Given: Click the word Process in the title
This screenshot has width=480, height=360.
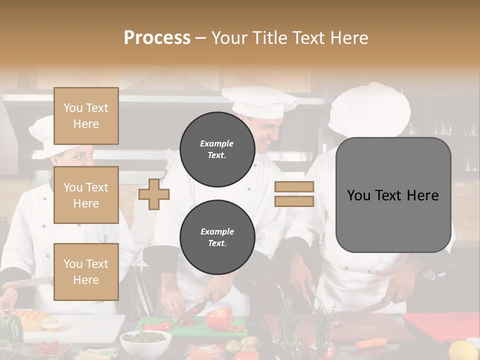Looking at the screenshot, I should coord(157,38).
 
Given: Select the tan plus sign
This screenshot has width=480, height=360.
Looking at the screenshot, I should coord(154,194).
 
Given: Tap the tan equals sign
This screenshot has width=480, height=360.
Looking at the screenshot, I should coord(294,194).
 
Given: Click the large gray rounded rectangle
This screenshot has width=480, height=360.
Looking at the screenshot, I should coord(393,195).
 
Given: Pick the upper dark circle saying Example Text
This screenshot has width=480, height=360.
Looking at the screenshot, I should coord(217,149).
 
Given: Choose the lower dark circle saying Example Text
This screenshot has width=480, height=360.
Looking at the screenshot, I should coord(217,237).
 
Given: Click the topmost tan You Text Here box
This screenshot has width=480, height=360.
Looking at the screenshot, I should coord(86,116).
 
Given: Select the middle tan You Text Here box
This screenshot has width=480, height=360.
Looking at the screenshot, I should coord(86,195).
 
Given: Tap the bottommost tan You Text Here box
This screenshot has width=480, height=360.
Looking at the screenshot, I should coord(86,271).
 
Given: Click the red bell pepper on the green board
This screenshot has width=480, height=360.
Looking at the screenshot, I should coord(220,318).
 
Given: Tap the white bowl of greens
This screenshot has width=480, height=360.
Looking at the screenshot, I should coord(145,342).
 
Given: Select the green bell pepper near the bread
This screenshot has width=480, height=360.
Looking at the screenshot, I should coord(10,328).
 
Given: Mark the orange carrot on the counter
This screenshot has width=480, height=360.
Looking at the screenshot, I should coord(371,342).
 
